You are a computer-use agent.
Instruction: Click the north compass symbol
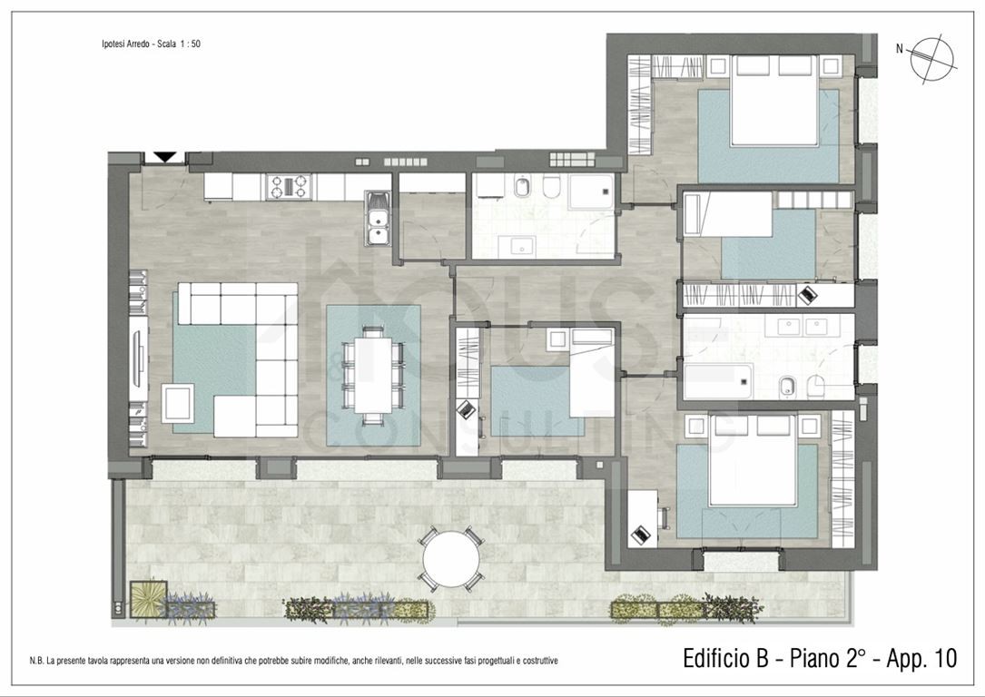click(x=933, y=60)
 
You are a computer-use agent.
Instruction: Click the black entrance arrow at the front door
click(x=164, y=156)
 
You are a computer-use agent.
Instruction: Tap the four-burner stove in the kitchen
click(x=289, y=186)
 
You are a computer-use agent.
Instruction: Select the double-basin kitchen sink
click(x=379, y=217)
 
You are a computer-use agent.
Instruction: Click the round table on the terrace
click(x=451, y=559)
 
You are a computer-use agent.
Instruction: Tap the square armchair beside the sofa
click(x=178, y=403)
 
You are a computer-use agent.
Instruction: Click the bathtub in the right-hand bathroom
click(x=718, y=381)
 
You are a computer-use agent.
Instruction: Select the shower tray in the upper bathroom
click(x=591, y=191)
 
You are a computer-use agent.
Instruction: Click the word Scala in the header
click(x=166, y=44)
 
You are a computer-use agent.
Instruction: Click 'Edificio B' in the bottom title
click(x=725, y=658)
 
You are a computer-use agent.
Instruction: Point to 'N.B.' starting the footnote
click(x=36, y=661)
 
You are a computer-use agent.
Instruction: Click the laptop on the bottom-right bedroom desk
click(x=641, y=535)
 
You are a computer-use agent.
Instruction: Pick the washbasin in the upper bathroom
click(x=522, y=247)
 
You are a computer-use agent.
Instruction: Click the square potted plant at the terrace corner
click(x=148, y=599)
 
